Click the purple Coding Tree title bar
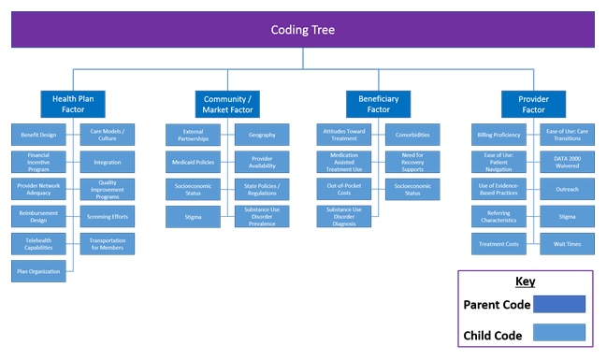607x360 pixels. coord(302,29)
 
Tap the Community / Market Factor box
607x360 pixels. coord(225,103)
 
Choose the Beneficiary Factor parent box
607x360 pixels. coord(378,103)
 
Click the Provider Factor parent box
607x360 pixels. coord(533,103)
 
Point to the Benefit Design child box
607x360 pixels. coord(38,135)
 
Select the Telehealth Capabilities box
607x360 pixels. coord(38,244)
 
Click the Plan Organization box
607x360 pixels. coord(38,271)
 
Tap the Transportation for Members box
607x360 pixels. coord(108,244)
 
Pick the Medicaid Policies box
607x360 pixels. coord(193,162)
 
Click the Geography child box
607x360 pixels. coord(262,135)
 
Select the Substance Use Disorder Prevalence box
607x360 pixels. coord(262,217)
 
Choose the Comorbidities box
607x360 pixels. coord(412,135)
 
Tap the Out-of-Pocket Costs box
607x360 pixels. coord(343,189)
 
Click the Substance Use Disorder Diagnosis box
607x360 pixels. coord(343,217)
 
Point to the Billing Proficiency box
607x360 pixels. coord(498,135)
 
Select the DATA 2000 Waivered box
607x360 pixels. coord(567,162)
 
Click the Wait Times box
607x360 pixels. coord(567,244)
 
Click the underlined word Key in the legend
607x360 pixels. coord(525,281)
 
